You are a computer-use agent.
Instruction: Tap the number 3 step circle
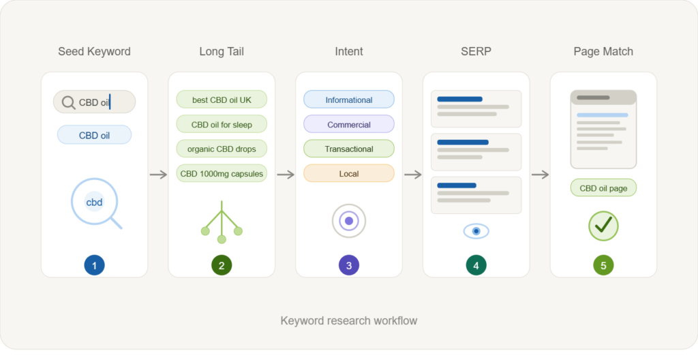click(x=349, y=266)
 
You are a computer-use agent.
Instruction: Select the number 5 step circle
click(x=603, y=266)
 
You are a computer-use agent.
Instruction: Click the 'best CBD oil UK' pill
click(x=222, y=100)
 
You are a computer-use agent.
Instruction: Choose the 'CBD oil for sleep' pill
click(x=222, y=125)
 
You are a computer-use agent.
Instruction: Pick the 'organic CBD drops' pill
click(x=222, y=149)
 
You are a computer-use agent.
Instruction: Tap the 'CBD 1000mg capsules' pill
click(x=222, y=173)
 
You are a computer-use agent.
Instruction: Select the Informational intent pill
click(x=349, y=100)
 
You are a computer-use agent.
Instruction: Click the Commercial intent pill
click(x=349, y=125)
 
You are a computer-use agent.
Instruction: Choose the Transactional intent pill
click(x=349, y=149)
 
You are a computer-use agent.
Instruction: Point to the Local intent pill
click(x=349, y=173)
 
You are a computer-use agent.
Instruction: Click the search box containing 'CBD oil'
click(x=94, y=102)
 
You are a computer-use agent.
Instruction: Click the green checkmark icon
click(x=603, y=225)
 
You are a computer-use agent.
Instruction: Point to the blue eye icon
click(x=476, y=231)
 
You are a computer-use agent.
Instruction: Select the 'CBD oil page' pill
click(x=603, y=188)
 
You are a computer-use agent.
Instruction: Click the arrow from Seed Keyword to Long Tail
click(x=158, y=175)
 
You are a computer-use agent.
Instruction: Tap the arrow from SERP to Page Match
click(x=540, y=175)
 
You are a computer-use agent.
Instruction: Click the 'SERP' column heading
click(x=476, y=51)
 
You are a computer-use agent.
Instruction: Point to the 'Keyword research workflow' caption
click(x=349, y=320)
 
